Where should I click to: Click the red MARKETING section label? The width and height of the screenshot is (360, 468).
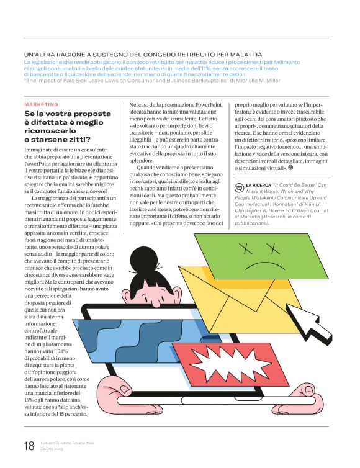[41, 104]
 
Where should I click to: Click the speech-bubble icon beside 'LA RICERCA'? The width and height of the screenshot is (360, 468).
[239, 186]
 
